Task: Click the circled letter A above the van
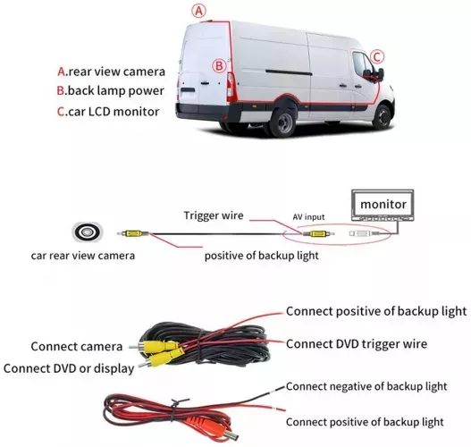pos(198,11)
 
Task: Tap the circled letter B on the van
pos(219,65)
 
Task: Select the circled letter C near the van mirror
pos(377,57)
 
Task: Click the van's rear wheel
pos(283,122)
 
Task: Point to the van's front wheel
pos(383,116)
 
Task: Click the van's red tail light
pos(231,87)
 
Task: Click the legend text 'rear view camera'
pos(117,72)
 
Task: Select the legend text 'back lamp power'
pos(116,90)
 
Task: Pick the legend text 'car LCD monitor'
pos(114,112)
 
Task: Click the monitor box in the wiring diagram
pos(383,205)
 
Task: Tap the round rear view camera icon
pos(88,232)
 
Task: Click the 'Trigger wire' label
pos(214,215)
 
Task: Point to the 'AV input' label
pos(309,217)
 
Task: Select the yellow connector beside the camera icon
pos(133,233)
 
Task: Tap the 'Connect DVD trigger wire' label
pos(357,344)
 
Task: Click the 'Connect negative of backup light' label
pos(366,386)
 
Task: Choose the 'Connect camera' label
pos(77,347)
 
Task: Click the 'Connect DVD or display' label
pos(69,368)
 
